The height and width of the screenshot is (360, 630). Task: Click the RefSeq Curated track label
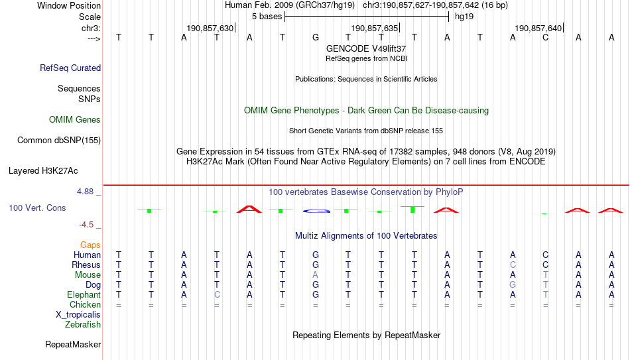70,68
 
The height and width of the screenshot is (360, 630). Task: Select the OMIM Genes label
75,120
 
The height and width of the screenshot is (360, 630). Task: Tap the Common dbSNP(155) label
59,141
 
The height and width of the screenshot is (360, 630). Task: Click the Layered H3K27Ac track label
43,171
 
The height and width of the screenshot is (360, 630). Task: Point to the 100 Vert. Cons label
37,208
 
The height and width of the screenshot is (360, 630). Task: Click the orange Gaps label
90,245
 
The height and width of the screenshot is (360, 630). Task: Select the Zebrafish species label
83,324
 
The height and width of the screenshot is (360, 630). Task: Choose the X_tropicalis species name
78,315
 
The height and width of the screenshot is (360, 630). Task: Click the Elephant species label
84,294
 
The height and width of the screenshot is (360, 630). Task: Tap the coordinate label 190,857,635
375,28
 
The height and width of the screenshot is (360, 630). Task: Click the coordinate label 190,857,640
538,28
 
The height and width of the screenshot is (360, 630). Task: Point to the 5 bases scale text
267,17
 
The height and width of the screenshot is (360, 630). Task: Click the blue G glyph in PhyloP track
316,211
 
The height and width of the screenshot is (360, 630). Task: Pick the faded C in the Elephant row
217,294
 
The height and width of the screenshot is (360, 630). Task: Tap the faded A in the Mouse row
316,275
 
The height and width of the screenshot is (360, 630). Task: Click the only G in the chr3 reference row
316,37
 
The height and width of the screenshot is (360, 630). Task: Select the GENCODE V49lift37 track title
366,48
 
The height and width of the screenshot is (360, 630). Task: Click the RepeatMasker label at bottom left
73,344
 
